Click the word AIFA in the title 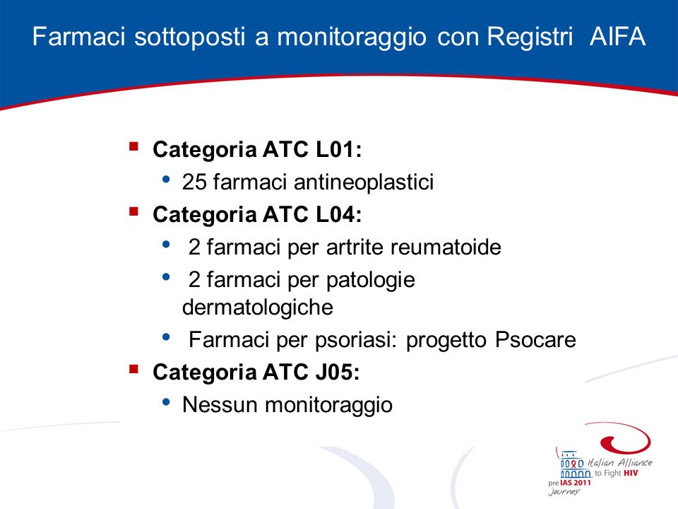(x=617, y=36)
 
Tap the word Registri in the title (x=530, y=36)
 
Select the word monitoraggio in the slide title (x=352, y=37)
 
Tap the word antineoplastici (x=364, y=182)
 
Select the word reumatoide (x=446, y=247)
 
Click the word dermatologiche (x=258, y=308)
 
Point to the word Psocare (x=536, y=340)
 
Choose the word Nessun (x=220, y=405)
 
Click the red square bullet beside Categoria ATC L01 (x=133, y=146)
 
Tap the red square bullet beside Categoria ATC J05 (x=133, y=369)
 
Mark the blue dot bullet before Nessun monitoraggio (x=166, y=402)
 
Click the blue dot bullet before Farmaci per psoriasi (x=166, y=337)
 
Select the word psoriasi (x=355, y=340)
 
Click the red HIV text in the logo (x=631, y=473)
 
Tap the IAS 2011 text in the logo (x=576, y=483)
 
